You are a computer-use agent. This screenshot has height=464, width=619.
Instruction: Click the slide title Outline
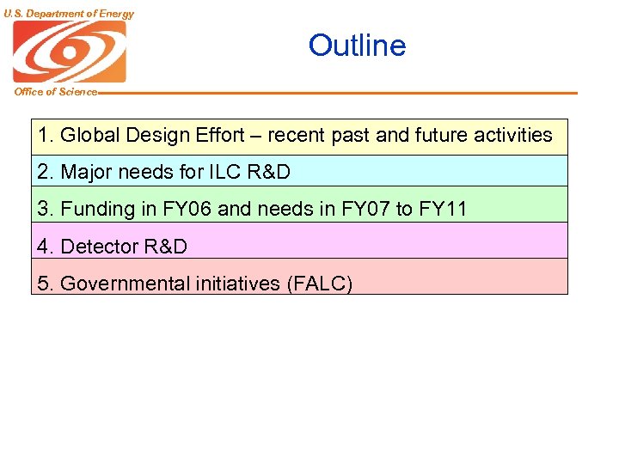pyautogui.click(x=357, y=46)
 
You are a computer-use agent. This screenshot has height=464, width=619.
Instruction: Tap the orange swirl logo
pyautogui.click(x=69, y=51)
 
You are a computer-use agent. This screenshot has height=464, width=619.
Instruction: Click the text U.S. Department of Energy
pyautogui.click(x=68, y=14)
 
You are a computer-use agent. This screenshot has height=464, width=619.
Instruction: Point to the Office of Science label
pyautogui.click(x=56, y=92)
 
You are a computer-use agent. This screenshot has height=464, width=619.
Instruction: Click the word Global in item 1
pyautogui.click(x=89, y=135)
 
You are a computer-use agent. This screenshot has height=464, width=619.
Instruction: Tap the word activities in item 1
pyautogui.click(x=507, y=135)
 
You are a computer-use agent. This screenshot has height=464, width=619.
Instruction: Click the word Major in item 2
pyautogui.click(x=86, y=172)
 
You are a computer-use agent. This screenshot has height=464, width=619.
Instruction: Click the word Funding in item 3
pyautogui.click(x=98, y=209)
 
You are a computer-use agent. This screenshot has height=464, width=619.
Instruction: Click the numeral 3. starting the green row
pyautogui.click(x=45, y=209)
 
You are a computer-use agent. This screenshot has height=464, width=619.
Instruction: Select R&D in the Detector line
pyautogui.click(x=165, y=247)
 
